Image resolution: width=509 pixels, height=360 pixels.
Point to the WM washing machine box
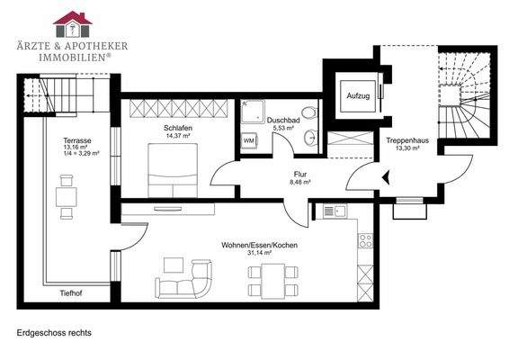point(249,141)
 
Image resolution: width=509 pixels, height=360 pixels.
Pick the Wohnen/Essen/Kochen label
point(259,245)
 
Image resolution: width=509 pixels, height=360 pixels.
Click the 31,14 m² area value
point(259,253)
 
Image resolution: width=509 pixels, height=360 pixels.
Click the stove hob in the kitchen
point(365,240)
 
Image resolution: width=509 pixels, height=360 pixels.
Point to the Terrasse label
point(76,141)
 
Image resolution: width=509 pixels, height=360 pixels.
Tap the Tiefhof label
point(72,292)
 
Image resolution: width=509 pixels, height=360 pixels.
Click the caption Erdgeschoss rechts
point(54,332)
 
